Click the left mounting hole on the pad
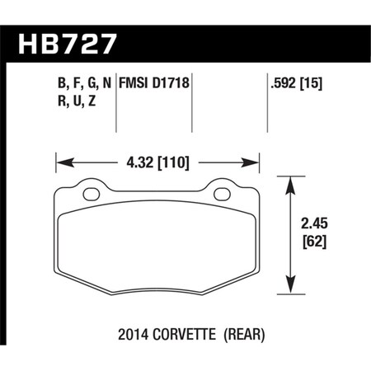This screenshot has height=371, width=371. pos(92,195)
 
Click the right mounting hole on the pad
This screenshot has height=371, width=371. pos(222,195)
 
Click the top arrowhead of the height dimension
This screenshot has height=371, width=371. pos(290,181)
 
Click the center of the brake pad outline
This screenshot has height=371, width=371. pos(157,239)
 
